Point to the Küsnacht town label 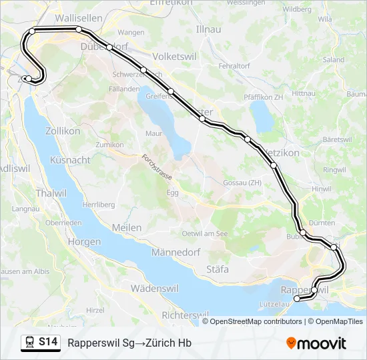(70, 161)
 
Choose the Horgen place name (83, 243)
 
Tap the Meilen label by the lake (127, 228)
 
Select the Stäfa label (218, 269)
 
